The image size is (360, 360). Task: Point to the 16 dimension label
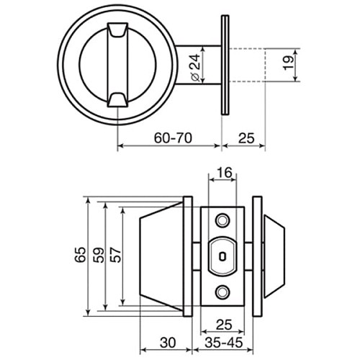222,172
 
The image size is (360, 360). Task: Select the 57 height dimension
113,255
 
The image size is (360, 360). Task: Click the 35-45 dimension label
222,343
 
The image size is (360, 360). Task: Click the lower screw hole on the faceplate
222,291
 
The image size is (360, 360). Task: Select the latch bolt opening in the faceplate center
222,255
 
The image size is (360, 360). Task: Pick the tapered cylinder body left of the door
160,255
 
